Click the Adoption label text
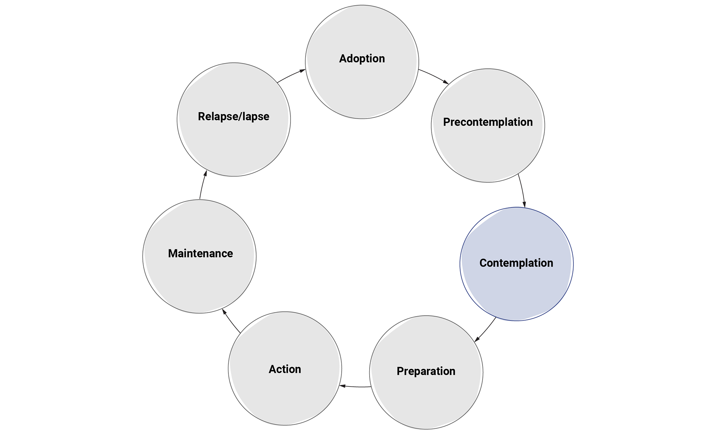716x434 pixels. pos(362,59)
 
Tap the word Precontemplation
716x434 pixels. pos(488,122)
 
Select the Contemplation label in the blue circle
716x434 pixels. pos(516,263)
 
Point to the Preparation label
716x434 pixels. pos(426,371)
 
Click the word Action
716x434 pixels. pos(285,369)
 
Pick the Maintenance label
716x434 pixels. pos(200,254)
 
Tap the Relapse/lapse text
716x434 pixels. pos(233,116)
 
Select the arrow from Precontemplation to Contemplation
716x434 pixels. pos(522,191)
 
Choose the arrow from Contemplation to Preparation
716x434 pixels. pos(485,330)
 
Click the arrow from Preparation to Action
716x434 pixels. pos(355,387)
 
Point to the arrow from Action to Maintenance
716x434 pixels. pos(232,321)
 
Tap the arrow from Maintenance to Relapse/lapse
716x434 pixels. pos(202,185)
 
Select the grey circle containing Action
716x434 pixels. pos(285,395)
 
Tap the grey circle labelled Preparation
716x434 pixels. pos(426,399)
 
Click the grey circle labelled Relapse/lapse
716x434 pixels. pos(233,145)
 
